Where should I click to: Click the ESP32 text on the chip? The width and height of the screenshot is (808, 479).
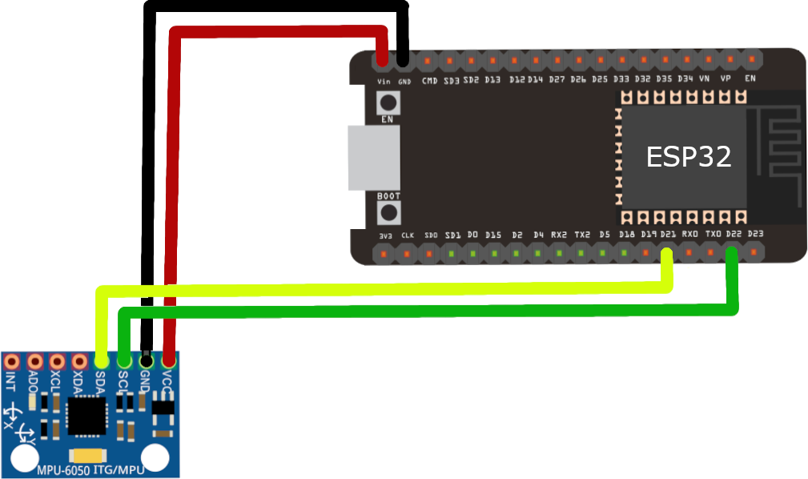[689, 157]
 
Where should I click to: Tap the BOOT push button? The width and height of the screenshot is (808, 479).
[389, 212]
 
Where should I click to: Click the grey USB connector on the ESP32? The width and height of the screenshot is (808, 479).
[374, 158]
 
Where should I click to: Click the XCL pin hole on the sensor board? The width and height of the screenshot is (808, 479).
[56, 362]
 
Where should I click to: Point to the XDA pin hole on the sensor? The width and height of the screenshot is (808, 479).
[78, 362]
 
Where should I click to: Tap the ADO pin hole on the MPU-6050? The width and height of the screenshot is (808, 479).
[34, 362]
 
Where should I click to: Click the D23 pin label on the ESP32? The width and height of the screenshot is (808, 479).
[754, 234]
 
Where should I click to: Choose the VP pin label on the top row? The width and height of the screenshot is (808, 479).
[726, 80]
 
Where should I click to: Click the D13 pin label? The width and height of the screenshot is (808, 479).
[492, 80]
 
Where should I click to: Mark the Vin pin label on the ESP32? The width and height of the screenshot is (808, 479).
[384, 81]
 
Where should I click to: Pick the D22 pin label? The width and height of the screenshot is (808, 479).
[732, 234]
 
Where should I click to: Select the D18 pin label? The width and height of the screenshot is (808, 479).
[626, 235]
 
